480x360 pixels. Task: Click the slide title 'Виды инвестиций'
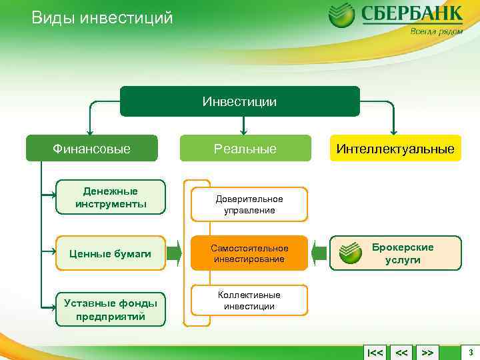102,18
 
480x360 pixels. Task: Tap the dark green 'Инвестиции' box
240,101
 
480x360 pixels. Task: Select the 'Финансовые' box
92,149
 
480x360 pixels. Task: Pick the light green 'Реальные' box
245,149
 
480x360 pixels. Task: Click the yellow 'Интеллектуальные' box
395,149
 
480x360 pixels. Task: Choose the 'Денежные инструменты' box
111,197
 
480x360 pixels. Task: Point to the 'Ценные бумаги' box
111,253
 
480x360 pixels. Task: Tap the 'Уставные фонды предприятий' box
111,309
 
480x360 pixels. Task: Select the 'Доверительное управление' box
249,205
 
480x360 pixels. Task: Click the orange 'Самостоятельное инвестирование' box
249,253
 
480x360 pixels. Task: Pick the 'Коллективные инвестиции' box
249,301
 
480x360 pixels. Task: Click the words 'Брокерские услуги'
403,253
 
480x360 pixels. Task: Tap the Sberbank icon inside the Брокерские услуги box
351,253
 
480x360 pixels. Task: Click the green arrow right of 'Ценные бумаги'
174,253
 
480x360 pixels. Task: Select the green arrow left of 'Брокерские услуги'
319,253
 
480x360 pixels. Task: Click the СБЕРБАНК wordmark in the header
411,15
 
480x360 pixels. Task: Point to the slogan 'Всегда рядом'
436,31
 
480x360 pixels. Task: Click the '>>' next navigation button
428,352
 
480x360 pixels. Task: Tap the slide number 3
471,351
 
